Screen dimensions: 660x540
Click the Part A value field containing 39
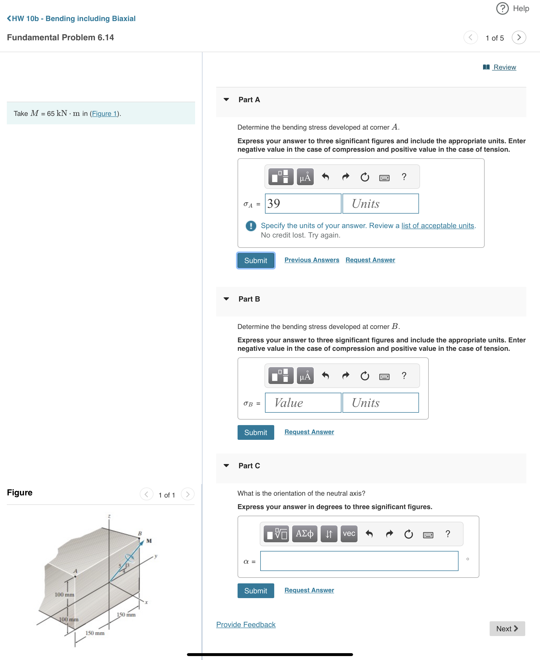[x=303, y=204]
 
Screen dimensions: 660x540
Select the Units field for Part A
[x=380, y=204]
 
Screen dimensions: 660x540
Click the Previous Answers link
[x=311, y=260]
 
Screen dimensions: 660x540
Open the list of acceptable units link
[x=437, y=226]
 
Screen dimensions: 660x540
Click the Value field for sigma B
[x=303, y=403]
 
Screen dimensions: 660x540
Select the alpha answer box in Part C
[x=359, y=561]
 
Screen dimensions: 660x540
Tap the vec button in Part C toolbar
[x=349, y=534]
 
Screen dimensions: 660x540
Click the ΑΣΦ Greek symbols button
[x=304, y=534]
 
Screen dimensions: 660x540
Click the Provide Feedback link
[x=246, y=624]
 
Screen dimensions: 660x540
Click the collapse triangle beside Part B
[x=226, y=299]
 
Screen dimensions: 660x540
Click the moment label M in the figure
[x=149, y=541]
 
